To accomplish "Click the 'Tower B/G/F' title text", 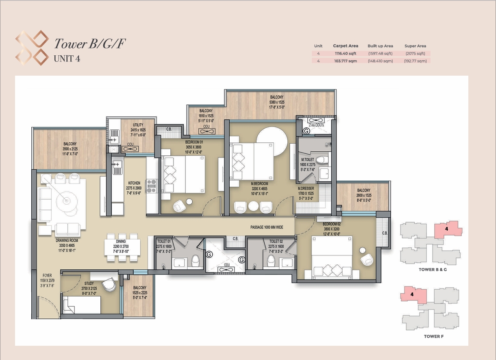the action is [90, 44].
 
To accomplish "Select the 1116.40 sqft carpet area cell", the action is [346, 53].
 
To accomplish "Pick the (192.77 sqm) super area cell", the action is [415, 61].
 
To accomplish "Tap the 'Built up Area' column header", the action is [380, 46].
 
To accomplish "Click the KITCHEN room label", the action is [134, 183].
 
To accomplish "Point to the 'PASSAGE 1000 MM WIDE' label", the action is [267, 227].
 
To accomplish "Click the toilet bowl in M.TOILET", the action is [322, 160].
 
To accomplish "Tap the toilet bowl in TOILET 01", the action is [195, 260].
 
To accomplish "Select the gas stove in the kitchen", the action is [152, 186].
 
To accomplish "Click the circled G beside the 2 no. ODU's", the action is [306, 131].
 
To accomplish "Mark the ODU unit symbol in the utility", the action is [130, 149].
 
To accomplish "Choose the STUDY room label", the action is [89, 284].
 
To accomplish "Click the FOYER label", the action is [47, 275].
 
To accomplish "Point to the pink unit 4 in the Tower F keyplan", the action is [413, 295].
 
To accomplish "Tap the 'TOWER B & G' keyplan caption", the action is [433, 270].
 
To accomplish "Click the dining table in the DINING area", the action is [122, 247].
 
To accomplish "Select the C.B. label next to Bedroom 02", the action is [385, 233].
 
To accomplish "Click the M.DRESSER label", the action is [306, 188].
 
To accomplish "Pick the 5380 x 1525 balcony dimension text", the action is [277, 102].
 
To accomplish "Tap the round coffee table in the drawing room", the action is [66, 201].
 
